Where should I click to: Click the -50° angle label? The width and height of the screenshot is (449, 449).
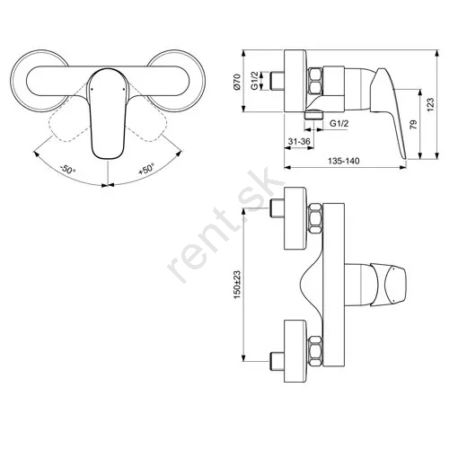[x=67, y=170]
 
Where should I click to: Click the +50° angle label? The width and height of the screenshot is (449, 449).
[x=146, y=169]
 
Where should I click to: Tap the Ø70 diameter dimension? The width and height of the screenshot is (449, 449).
[x=237, y=82]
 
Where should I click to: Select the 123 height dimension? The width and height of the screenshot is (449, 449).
[x=430, y=105]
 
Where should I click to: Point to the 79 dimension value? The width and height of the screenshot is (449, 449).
[x=413, y=125]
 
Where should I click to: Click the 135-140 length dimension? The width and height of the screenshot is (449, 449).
[x=343, y=161]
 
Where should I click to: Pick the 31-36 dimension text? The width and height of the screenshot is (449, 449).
[x=299, y=141]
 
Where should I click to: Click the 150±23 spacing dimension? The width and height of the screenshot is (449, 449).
[x=237, y=285]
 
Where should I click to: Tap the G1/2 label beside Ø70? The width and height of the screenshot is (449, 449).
[x=255, y=81]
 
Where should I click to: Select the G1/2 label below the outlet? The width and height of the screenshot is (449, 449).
[x=339, y=123]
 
